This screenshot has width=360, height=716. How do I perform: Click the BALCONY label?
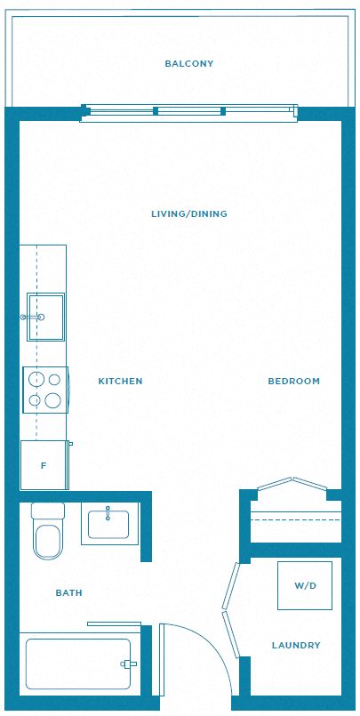tap(189, 63)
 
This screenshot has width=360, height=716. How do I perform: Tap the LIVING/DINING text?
tap(189, 213)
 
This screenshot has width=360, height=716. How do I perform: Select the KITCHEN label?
tap(121, 381)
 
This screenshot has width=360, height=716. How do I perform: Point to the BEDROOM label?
tap(294, 381)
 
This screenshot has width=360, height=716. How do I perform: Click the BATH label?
tap(69, 592)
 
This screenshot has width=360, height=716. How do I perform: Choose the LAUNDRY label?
tap(296, 645)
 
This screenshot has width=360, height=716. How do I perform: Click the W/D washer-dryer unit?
tap(305, 585)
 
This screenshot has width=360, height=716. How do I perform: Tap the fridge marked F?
tap(44, 465)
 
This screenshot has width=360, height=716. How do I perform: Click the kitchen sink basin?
tap(45, 317)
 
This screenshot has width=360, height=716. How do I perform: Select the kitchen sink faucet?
tap(32, 317)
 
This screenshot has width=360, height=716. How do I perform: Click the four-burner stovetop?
tap(45, 390)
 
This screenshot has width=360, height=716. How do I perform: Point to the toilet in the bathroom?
tap(47, 531)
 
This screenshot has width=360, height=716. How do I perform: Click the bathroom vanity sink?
tap(109, 524)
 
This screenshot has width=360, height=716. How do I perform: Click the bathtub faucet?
tap(128, 664)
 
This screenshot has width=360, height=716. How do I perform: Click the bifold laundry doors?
tap(231, 609)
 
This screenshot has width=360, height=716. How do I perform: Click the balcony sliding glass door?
tap(189, 111)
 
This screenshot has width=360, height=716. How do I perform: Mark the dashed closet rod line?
tap(296, 519)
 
